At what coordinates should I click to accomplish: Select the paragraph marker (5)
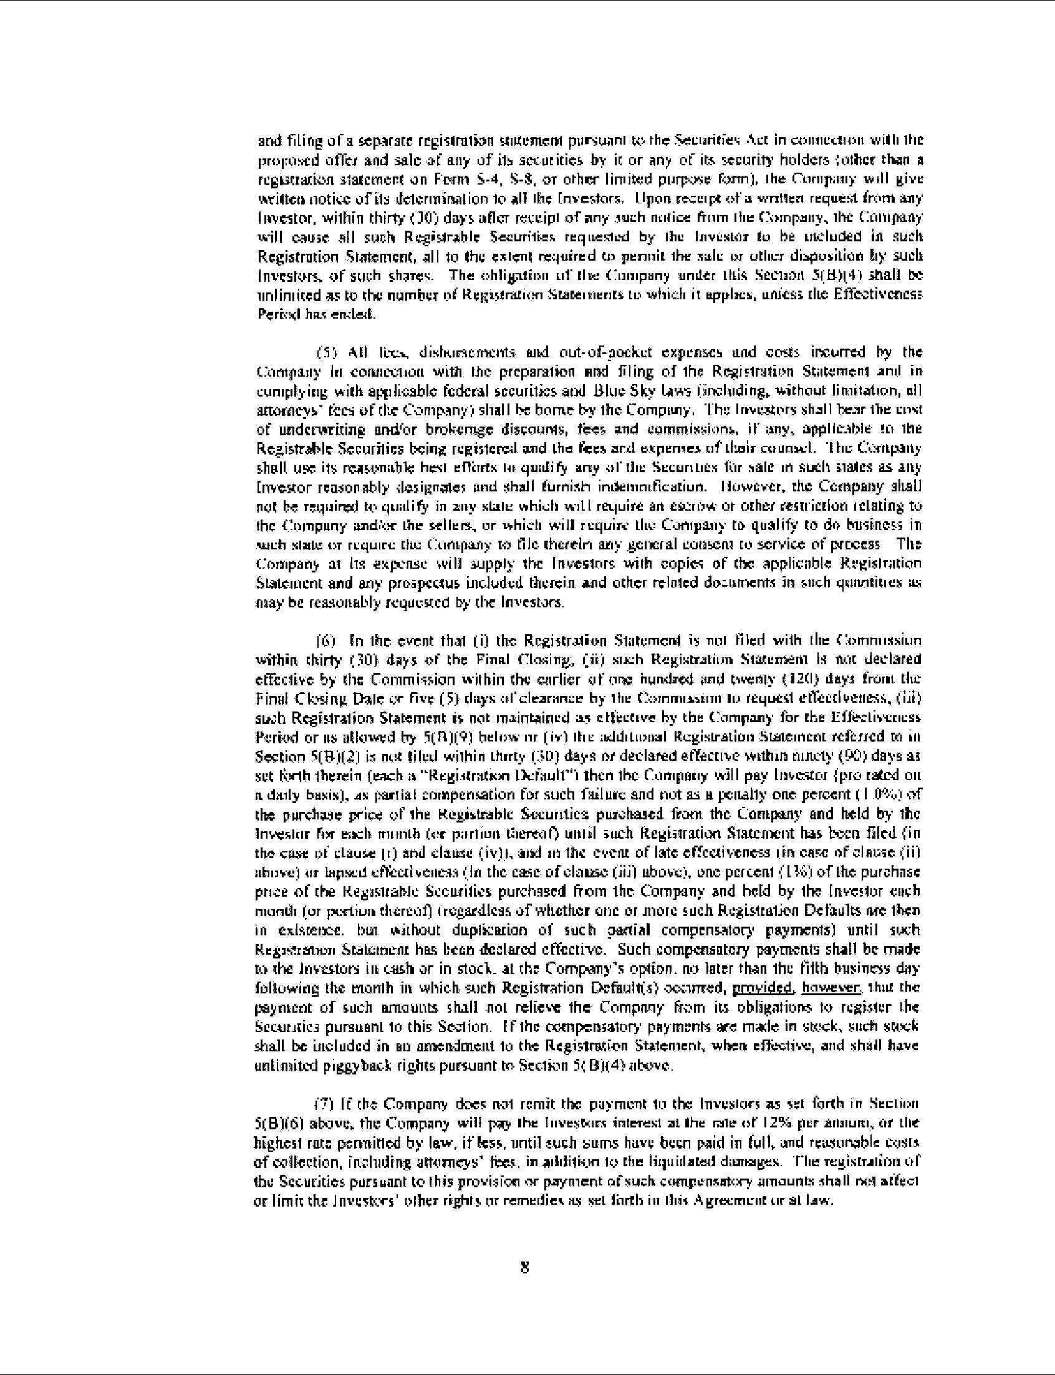point(326,352)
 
